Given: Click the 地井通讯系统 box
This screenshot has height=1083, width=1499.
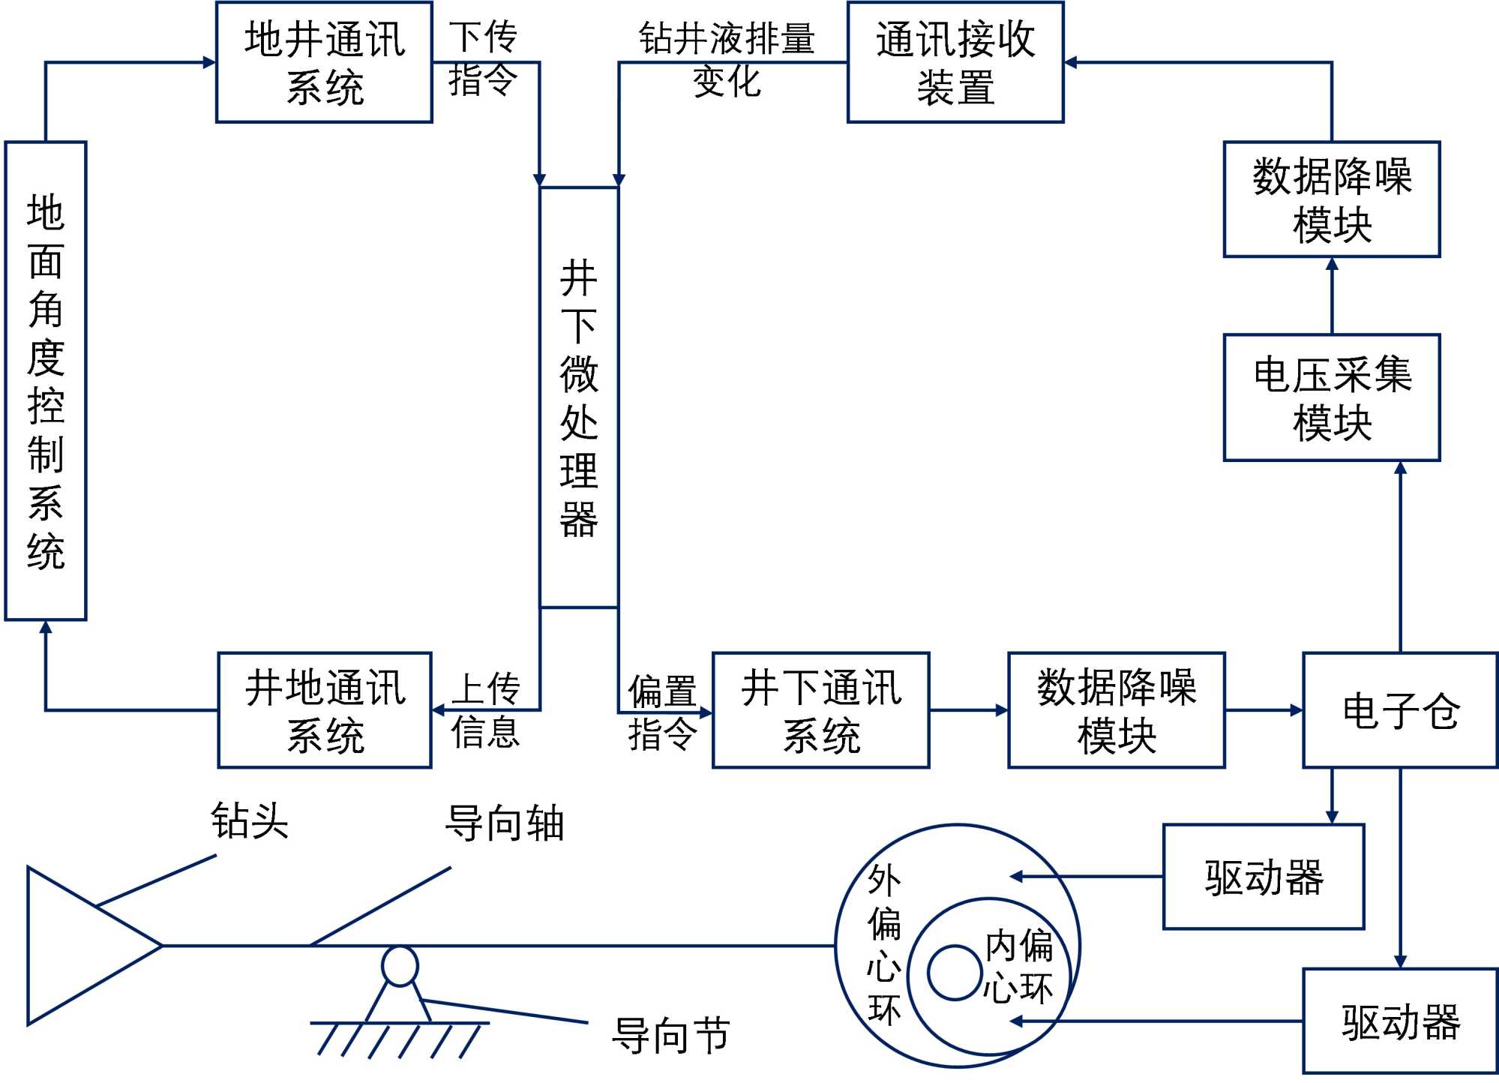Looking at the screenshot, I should click(324, 62).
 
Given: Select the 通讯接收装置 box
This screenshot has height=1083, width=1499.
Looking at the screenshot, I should click(955, 62).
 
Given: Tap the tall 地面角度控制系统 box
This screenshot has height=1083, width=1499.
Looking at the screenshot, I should click(46, 381).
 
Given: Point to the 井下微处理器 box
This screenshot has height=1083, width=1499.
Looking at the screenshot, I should click(579, 397).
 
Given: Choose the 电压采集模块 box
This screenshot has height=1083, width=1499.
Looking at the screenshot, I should click(1331, 397).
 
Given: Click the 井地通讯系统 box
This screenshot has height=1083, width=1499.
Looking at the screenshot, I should click(324, 710).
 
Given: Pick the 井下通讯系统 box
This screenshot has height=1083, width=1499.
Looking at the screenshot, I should click(820, 710).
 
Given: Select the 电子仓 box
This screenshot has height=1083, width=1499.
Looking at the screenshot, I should click(1400, 710).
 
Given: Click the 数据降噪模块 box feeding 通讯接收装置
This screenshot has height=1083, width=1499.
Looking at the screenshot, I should click(1331, 199).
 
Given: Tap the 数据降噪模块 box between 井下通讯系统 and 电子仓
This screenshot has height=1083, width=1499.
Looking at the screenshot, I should click(1116, 710).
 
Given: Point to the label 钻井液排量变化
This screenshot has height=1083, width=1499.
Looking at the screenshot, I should click(726, 60).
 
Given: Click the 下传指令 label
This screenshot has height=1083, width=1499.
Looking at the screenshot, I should click(483, 58).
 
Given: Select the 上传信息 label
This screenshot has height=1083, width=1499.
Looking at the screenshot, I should click(485, 710).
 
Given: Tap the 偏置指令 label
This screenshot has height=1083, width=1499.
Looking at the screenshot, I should click(662, 712).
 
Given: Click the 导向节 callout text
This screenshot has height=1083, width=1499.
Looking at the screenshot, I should click(670, 1036).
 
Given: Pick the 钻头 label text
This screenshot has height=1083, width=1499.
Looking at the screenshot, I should click(250, 820).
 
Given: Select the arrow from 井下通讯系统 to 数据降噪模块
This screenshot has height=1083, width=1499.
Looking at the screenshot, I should click(968, 710).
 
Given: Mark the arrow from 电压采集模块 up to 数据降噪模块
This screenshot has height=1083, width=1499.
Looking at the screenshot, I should click(1332, 295).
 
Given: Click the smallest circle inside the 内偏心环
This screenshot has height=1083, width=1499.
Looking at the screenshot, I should click(954, 973).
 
